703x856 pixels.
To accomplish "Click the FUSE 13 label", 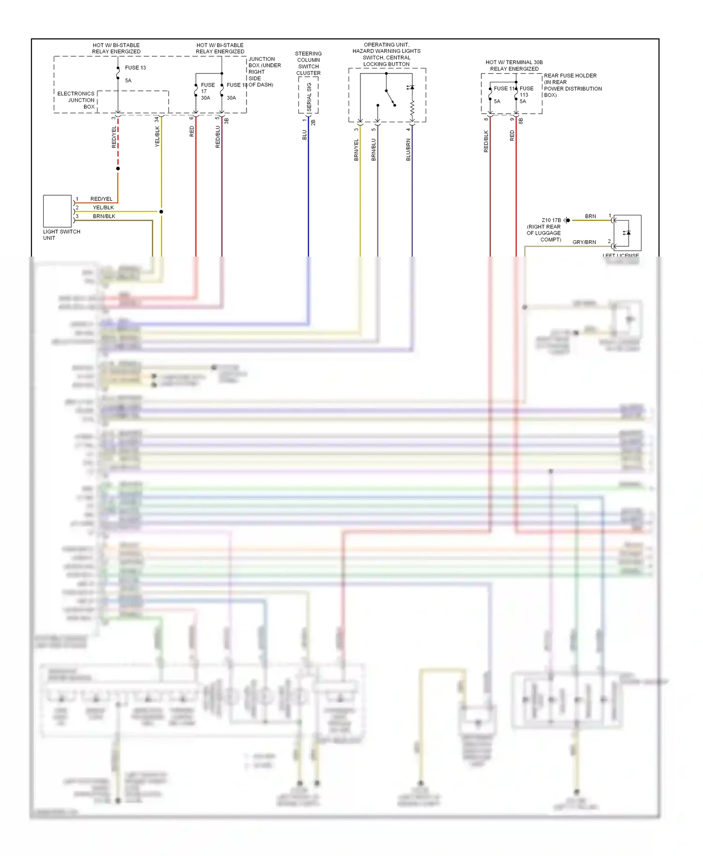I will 135,68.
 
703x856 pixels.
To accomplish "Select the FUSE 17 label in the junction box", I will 208,88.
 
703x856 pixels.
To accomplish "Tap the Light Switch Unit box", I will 57,211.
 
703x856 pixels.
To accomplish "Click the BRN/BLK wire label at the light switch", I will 104,216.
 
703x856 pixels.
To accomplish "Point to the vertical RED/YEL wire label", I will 114,137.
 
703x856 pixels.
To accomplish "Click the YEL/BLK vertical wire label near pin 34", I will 157,136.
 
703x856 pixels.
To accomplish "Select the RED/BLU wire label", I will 217,137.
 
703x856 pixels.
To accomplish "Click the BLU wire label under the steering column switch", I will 304,135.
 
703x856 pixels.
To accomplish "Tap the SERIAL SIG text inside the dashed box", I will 309,96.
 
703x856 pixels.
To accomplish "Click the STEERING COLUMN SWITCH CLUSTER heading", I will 308,63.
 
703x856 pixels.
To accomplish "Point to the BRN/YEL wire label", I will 356,150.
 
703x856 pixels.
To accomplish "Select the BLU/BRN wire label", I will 408,150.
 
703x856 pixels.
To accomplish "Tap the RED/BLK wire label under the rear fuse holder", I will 486,141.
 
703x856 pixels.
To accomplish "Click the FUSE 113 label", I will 526,91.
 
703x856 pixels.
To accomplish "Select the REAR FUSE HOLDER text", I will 570,75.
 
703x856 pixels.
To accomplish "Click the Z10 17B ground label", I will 551,220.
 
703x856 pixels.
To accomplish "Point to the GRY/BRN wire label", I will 584,242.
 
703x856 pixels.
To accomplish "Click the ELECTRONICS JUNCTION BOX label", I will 76,100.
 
